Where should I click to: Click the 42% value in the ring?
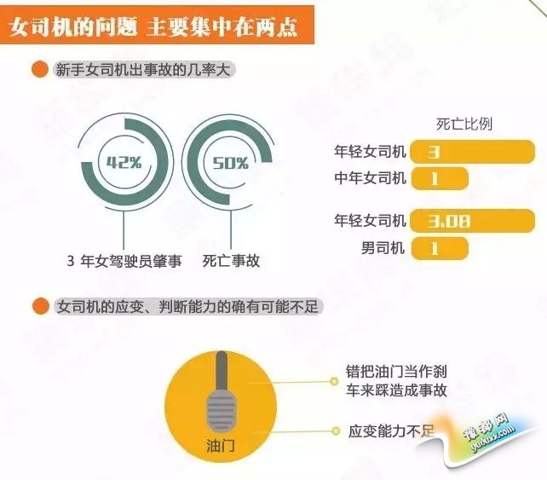click(124, 162)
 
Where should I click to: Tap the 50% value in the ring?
click(231, 163)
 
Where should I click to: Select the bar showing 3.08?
click(473, 221)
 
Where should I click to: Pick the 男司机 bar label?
click(383, 248)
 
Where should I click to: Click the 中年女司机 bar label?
click(370, 178)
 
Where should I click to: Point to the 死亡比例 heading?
click(464, 124)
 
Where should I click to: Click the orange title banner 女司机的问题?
click(157, 25)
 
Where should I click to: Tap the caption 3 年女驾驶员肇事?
click(124, 261)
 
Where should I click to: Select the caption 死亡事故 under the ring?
click(231, 261)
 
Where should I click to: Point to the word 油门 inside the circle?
click(220, 446)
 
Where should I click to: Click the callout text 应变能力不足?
click(391, 431)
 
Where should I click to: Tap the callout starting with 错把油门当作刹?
click(396, 381)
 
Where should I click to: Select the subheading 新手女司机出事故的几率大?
click(143, 70)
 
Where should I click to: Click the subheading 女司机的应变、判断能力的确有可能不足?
click(187, 307)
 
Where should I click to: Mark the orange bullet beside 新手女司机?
click(39, 70)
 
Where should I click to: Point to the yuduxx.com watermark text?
click(492, 440)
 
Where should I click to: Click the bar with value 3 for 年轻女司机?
click(473, 152)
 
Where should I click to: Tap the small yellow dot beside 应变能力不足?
click(336, 431)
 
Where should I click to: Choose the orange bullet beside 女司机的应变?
click(40, 307)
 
